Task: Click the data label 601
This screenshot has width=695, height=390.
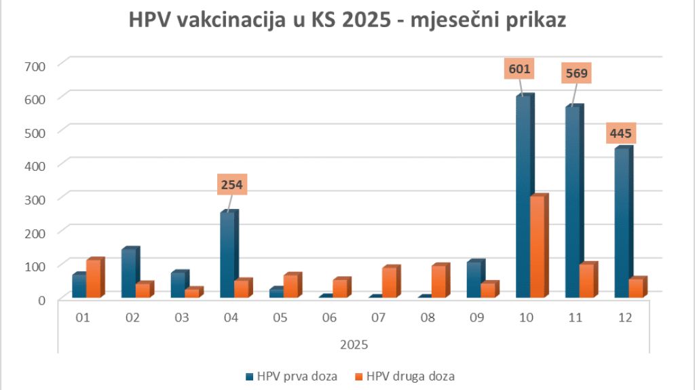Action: tap(519, 69)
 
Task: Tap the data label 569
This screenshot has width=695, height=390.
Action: tap(577, 73)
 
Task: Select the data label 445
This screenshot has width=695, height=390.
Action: tap(620, 133)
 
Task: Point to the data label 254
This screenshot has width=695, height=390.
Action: tap(232, 184)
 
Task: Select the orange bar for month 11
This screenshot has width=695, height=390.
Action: tap(588, 279)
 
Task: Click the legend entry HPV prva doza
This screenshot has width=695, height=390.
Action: tap(292, 376)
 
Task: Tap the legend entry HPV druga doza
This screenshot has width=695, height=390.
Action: tap(405, 376)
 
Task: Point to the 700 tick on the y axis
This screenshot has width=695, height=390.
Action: tap(35, 66)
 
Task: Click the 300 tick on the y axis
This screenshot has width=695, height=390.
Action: tap(35, 199)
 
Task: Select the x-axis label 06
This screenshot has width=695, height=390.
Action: tap(329, 317)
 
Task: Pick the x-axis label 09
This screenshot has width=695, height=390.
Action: tap(477, 317)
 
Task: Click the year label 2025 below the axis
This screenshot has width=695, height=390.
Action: tap(354, 345)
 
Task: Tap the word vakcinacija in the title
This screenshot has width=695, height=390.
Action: tap(231, 20)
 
